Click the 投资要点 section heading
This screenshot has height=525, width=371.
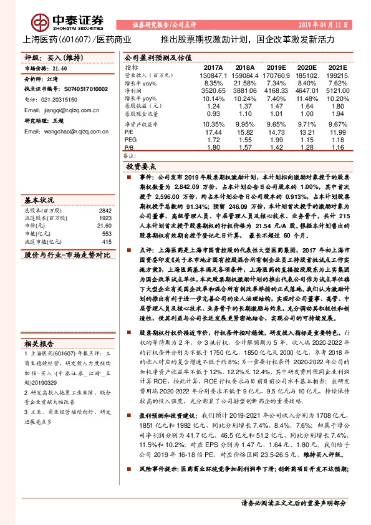click(141, 167)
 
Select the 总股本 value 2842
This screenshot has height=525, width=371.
click(105, 210)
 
